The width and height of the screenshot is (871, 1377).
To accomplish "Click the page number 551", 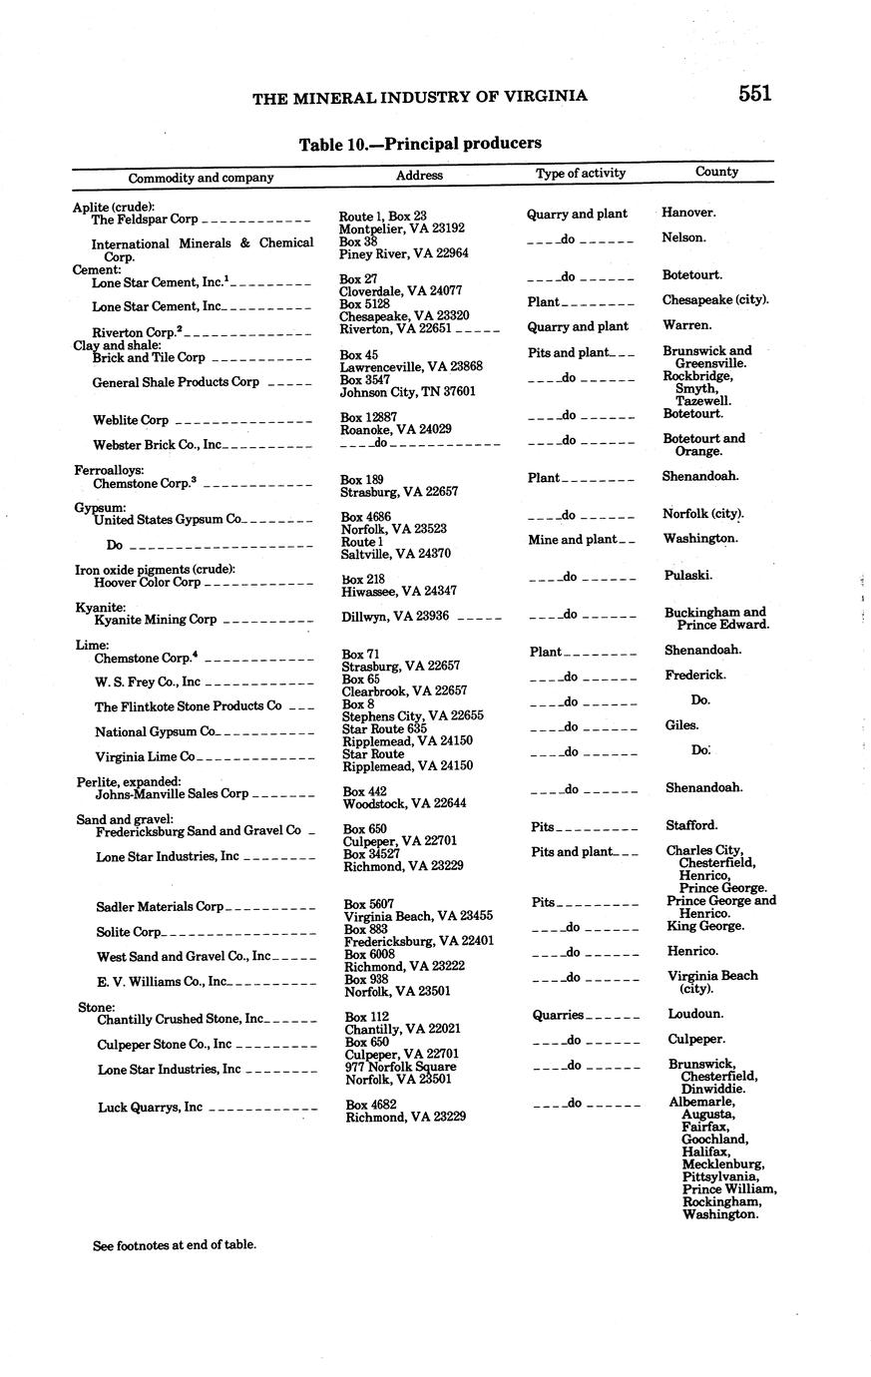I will [x=755, y=94].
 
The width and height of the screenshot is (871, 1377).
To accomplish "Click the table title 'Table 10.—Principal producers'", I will [x=420, y=144].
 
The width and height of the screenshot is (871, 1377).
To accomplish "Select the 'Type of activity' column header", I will [x=581, y=173].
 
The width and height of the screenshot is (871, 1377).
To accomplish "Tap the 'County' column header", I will [x=716, y=172].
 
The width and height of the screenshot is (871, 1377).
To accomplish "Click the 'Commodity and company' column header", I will [x=201, y=178].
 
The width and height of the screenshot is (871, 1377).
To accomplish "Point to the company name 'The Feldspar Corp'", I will [x=145, y=219].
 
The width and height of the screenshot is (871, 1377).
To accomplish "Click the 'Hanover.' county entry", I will [x=688, y=213].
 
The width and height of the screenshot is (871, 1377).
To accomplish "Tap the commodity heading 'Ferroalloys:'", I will [x=109, y=469].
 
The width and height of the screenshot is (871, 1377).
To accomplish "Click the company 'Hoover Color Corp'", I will [x=148, y=582].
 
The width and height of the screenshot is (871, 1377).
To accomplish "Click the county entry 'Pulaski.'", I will [x=688, y=576].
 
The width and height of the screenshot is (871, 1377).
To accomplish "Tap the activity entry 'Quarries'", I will [x=558, y=1015].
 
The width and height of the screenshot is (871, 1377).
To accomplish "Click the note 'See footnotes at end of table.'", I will [x=175, y=1244].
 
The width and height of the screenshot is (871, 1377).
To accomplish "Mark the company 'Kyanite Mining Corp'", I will [x=155, y=619].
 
